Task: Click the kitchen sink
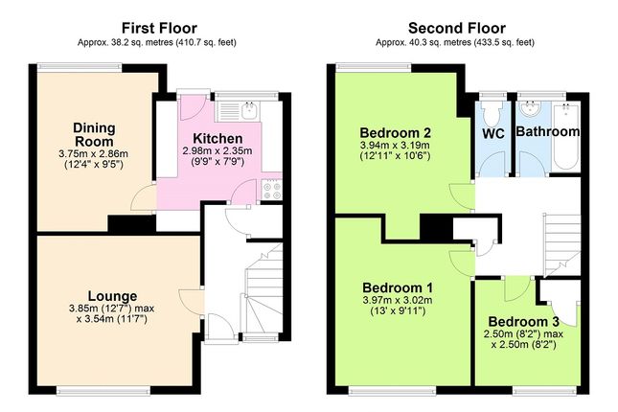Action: tap(248, 108)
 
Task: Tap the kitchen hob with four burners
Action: tap(269, 187)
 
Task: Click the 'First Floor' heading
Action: tap(157, 27)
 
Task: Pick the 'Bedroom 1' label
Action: tap(397, 287)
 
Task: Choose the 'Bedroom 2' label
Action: tap(393, 131)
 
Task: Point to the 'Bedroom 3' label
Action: tap(522, 321)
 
